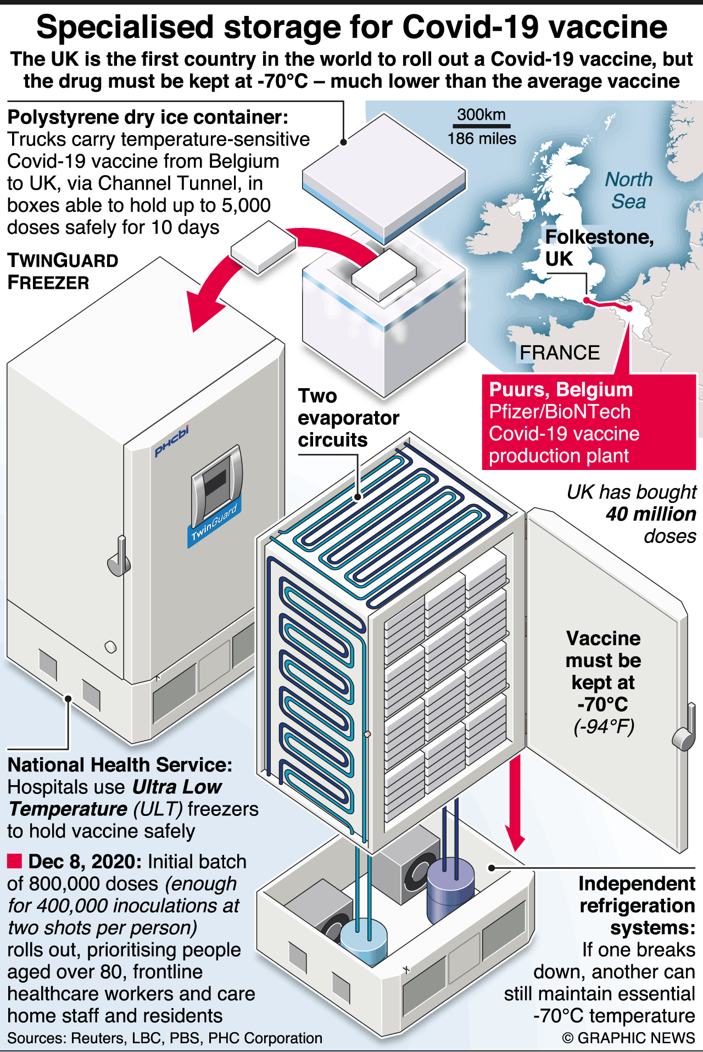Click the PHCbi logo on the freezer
(171, 440)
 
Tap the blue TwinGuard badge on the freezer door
(214, 524)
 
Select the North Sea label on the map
(629, 190)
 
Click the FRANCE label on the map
(560, 352)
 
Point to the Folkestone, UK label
(599, 247)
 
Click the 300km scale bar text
(481, 114)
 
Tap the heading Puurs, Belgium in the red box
(561, 389)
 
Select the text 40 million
(651, 514)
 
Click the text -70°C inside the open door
(602, 704)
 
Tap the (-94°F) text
(604, 726)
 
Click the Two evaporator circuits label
(348, 418)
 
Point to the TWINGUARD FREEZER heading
(63, 271)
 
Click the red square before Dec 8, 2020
(14, 861)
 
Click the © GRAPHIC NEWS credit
(628, 1038)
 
